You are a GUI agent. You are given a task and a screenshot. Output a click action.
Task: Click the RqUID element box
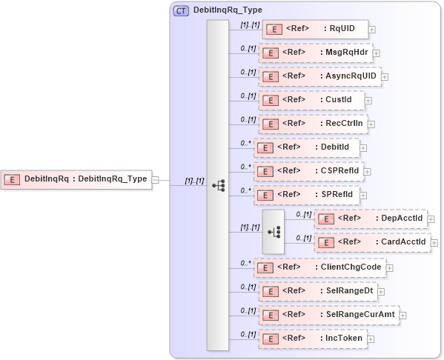click(x=315, y=30)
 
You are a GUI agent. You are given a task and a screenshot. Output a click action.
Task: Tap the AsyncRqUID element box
click(x=319, y=76)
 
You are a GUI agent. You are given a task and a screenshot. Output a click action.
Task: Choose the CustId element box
click(x=311, y=100)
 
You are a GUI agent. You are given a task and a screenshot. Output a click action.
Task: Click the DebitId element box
click(x=307, y=147)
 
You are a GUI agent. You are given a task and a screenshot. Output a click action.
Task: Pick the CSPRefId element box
click(x=309, y=171)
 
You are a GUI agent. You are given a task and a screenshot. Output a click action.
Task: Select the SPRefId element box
click(x=308, y=195)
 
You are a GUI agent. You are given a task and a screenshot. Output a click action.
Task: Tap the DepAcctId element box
click(x=371, y=219)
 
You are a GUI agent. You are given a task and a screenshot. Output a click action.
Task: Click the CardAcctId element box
click(x=372, y=242)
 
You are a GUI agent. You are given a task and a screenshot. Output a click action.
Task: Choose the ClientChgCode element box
click(x=319, y=267)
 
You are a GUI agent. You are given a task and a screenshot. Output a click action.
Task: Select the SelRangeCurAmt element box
click(x=328, y=315)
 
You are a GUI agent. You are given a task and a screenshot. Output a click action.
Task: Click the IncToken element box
click(x=312, y=339)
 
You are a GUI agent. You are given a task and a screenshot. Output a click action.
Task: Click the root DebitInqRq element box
click(x=76, y=179)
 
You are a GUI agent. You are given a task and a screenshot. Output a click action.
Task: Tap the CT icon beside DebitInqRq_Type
click(x=181, y=10)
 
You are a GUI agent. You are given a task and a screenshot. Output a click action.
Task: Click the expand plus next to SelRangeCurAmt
click(x=403, y=316)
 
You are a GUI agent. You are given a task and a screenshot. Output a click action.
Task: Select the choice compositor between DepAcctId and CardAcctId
click(x=273, y=230)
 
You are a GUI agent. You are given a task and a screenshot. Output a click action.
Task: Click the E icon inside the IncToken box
click(x=271, y=339)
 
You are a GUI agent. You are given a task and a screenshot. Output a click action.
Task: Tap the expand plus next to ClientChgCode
click(x=390, y=268)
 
